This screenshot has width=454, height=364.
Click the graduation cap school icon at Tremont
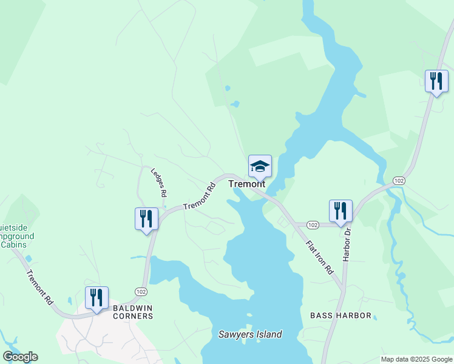coord(260,166)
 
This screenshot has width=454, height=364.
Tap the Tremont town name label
coord(246,184)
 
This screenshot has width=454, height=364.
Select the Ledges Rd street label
coord(159,182)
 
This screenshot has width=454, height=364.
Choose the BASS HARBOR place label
coord(340,315)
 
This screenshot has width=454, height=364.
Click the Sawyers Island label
coord(250,334)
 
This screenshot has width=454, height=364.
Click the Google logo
coord(20,357)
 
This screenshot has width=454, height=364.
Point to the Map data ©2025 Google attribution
coord(417,359)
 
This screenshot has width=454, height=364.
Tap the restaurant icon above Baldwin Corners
coord(97,298)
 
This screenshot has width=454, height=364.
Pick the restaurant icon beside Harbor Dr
coord(340,211)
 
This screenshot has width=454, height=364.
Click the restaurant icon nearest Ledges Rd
coord(146,218)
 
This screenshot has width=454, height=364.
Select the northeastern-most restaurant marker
coord(436,81)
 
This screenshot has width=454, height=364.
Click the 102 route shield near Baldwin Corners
coord(141,292)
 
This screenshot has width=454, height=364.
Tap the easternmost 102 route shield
coord(399,181)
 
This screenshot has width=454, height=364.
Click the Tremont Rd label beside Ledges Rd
coord(200,197)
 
